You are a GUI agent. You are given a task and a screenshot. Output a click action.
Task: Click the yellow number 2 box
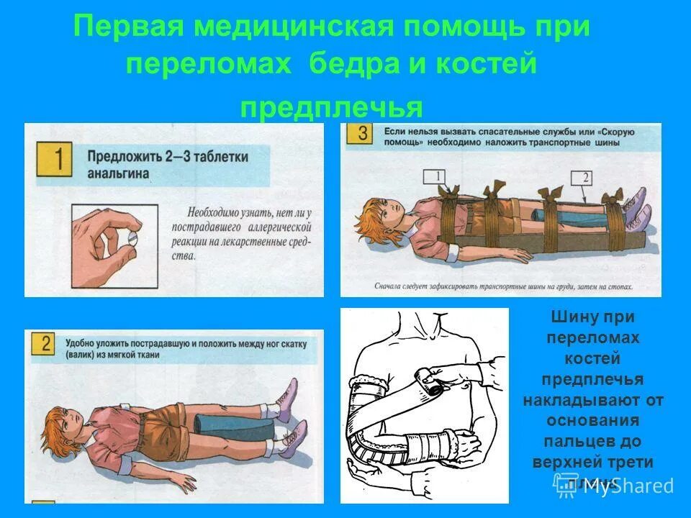click(45, 345)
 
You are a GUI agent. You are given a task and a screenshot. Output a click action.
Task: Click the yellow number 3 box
click(361, 135)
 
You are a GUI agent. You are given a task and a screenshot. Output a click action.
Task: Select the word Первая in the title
click(124, 28)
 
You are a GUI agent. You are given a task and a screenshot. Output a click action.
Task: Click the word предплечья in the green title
click(331, 107)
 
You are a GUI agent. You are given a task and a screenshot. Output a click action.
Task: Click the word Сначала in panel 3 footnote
click(389, 286)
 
